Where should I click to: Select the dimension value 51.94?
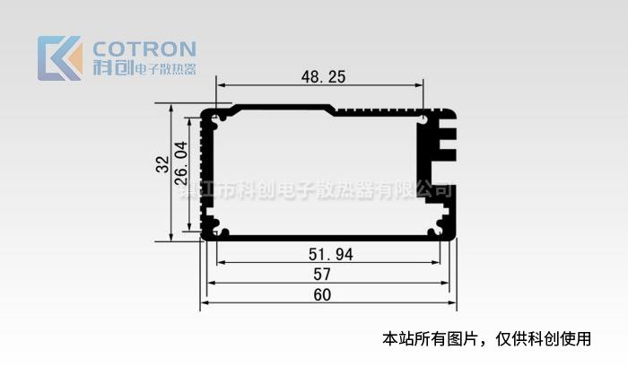tap(331, 255)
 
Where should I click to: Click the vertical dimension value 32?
tap(162, 165)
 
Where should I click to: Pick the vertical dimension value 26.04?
tap(180, 162)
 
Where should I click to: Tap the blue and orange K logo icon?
tap(59, 57)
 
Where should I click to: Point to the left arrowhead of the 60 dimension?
tap(204, 303)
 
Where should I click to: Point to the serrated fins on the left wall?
tap(209, 171)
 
